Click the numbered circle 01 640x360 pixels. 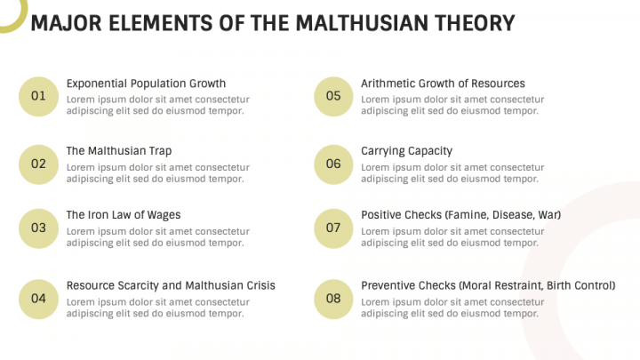click(38, 97)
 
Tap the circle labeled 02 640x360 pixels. click(38, 164)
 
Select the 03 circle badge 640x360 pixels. click(38, 228)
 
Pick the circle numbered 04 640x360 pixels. click(38, 299)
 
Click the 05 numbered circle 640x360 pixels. click(333, 97)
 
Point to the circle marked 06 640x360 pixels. click(333, 164)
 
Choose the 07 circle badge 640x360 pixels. click(333, 228)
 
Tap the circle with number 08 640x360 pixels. click(333, 299)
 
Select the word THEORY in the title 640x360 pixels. click(474, 22)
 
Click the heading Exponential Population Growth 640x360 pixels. click(146, 84)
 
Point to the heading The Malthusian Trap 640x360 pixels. click(119, 151)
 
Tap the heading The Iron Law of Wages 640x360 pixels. click(124, 215)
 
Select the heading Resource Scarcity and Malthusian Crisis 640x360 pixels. click(171, 285)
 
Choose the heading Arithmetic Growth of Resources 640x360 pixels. click(443, 84)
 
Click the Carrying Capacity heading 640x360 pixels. click(406, 151)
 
